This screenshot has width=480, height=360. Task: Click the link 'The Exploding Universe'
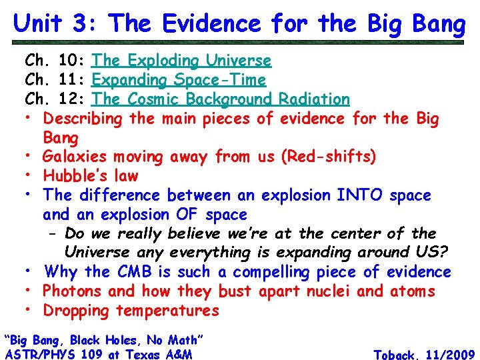click(x=181, y=61)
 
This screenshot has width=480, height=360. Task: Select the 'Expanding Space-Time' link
click(x=179, y=80)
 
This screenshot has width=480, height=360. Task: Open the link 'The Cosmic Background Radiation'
click(x=221, y=99)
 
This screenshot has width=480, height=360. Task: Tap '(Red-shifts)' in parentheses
click(x=328, y=157)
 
